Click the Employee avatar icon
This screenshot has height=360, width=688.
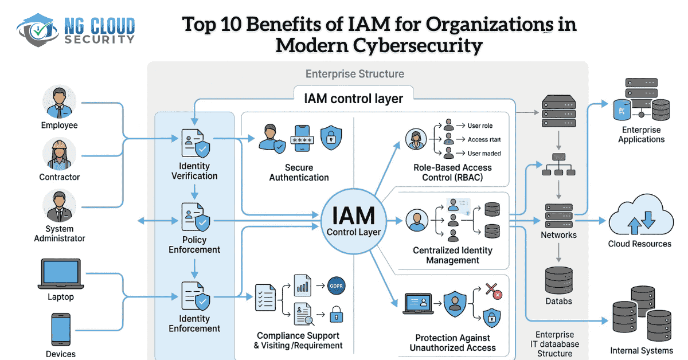click(60, 102)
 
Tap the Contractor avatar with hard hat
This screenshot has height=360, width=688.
click(60, 154)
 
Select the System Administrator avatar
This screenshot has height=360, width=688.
click(60, 207)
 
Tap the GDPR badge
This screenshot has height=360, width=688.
click(336, 285)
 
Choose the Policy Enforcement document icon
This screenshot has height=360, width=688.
click(195, 218)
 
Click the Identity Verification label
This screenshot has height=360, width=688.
click(195, 171)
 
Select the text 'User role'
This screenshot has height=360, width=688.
click(480, 126)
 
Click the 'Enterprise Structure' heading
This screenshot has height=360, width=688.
click(354, 74)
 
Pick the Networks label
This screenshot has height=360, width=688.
click(558, 234)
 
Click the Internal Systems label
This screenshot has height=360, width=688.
click(640, 350)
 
